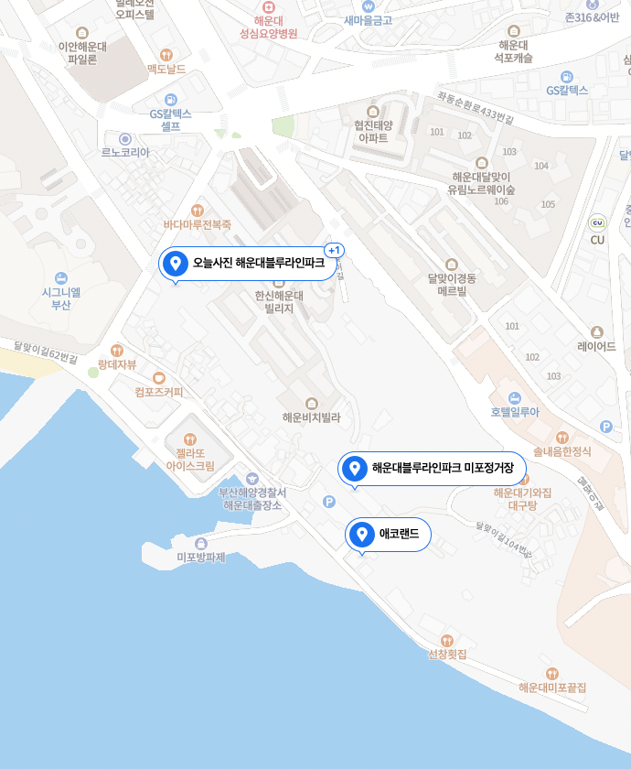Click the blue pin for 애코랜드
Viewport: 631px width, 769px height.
(362, 535)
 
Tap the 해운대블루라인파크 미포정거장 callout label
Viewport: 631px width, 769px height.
(443, 469)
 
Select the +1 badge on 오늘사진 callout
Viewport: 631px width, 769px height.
(334, 250)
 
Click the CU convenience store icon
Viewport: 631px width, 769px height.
(597, 222)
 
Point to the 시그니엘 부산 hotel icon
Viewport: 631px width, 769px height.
(60, 277)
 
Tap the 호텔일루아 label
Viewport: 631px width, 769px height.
(515, 412)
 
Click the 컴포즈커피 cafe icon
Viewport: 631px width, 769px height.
(159, 377)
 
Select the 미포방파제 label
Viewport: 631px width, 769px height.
(200, 557)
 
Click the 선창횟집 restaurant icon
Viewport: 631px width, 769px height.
(447, 640)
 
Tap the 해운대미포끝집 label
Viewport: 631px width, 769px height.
(551, 688)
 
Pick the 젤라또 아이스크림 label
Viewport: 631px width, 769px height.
(190, 459)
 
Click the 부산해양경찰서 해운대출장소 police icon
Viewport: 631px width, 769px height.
(252, 479)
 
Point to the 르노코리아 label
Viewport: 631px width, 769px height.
(125, 153)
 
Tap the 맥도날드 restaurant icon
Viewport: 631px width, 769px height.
(166, 55)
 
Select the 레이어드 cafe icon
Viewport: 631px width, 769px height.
(597, 332)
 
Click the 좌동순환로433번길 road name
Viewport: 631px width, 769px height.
(476, 108)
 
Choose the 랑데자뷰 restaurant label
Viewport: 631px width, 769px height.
(117, 364)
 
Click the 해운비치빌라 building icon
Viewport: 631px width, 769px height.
(311, 403)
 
